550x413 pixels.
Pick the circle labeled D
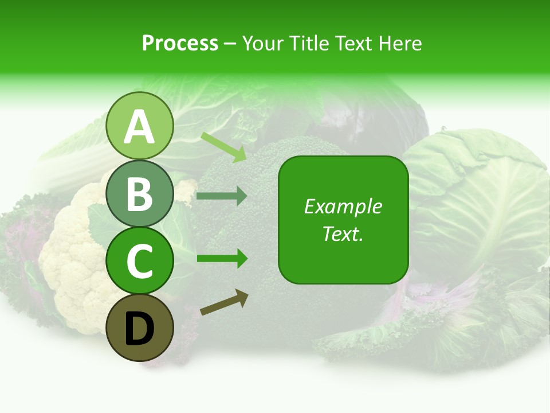pyautogui.click(x=139, y=328)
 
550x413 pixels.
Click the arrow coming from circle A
pyautogui.click(x=223, y=147)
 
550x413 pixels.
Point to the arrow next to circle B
pyautogui.click(x=222, y=196)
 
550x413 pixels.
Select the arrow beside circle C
pyautogui.click(x=222, y=259)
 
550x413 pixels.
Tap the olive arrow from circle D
pyautogui.click(x=224, y=303)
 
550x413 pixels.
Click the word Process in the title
pyautogui.click(x=180, y=43)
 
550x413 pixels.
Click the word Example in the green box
pyautogui.click(x=343, y=206)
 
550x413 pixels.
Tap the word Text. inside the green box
pyautogui.click(x=343, y=233)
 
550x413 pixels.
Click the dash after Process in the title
pyautogui.click(x=230, y=44)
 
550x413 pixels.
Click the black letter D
pyautogui.click(x=139, y=328)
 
